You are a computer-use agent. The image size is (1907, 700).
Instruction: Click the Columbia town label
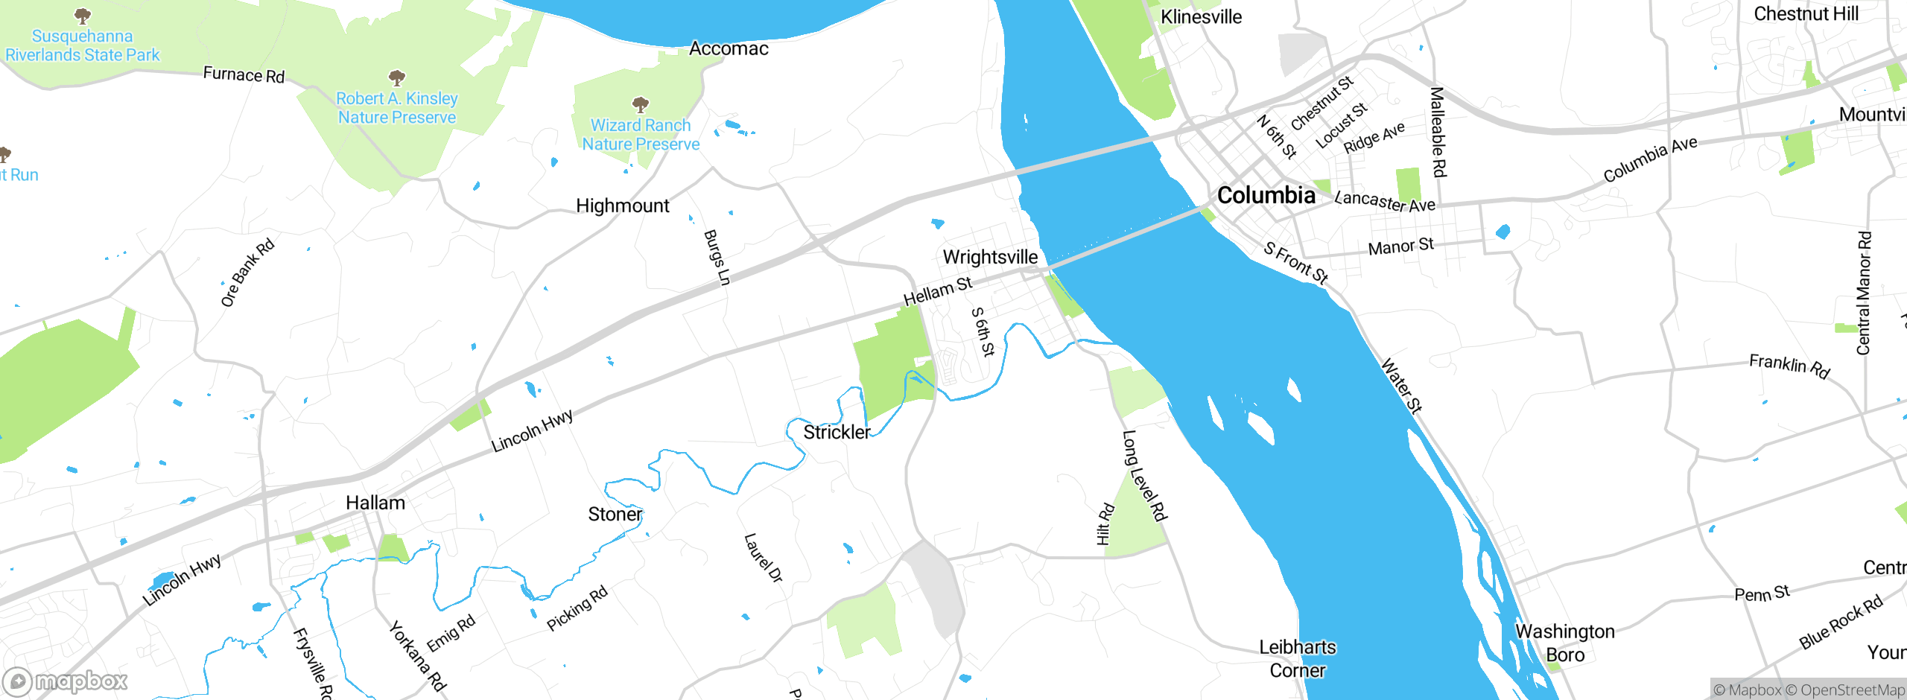tap(1266, 195)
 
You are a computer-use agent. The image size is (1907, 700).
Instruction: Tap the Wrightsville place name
tap(990, 257)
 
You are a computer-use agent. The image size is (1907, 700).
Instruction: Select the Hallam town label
tap(375, 503)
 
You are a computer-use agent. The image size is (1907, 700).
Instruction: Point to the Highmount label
tap(623, 206)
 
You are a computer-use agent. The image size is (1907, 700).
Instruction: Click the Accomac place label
tap(729, 48)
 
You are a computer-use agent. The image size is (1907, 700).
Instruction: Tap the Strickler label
tap(837, 432)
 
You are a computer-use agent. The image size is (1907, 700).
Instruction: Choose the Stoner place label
tap(615, 514)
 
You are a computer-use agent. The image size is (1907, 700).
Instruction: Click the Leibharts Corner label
tap(1297, 658)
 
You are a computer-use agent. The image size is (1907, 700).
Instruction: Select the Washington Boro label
tap(1565, 643)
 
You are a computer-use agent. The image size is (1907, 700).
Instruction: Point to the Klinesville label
tap(1201, 16)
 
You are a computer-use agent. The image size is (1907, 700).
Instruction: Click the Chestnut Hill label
tap(1806, 13)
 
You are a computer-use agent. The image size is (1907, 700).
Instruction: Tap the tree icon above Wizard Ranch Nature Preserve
tap(640, 104)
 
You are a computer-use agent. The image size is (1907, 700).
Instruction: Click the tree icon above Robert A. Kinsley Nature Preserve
tap(397, 77)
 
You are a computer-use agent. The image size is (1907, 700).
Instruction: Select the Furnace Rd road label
tap(244, 74)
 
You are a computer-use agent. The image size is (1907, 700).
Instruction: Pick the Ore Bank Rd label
tap(247, 273)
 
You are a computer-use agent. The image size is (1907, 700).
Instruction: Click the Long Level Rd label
tap(1144, 475)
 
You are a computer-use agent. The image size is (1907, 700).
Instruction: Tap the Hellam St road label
tap(938, 291)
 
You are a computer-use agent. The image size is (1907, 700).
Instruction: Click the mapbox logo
tap(66, 681)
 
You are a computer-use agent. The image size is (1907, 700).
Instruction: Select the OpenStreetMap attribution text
tap(1852, 690)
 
